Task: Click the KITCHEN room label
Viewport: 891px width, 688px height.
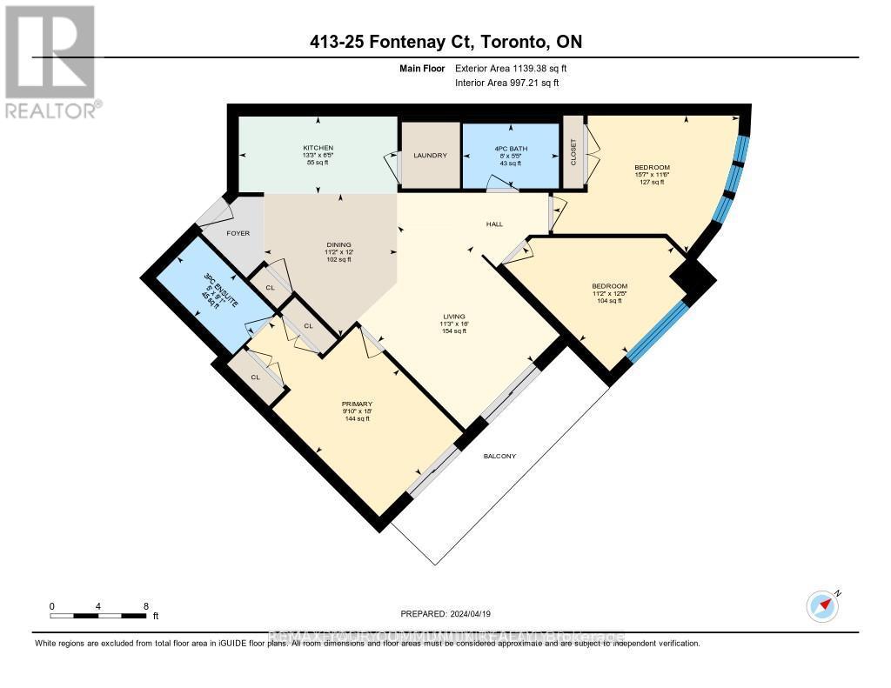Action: pos(318,148)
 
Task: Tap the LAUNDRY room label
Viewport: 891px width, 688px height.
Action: pos(430,156)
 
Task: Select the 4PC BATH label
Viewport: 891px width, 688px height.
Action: pos(509,148)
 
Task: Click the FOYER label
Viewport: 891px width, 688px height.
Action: pos(238,233)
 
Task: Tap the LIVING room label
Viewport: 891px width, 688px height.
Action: pos(452,316)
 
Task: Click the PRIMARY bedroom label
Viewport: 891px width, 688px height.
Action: pos(357,404)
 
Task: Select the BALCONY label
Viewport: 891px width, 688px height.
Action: pos(500,456)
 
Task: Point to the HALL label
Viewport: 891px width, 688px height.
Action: pos(494,224)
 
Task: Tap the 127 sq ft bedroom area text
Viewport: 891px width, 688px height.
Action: pos(651,184)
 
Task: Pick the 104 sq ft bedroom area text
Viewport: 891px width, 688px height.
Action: pos(609,300)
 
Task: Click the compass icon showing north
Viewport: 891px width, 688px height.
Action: pos(822,605)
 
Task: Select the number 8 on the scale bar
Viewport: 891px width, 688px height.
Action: pos(145,606)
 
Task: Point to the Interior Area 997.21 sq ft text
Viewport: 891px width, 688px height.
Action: pos(506,83)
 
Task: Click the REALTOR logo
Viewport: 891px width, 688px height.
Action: pos(50,61)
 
